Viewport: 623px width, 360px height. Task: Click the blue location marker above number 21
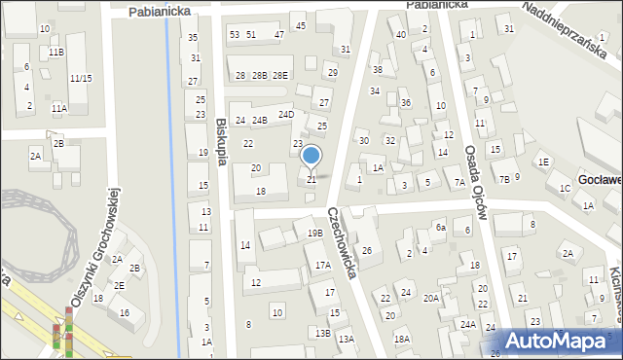311,156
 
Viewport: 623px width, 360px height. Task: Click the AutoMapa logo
561,342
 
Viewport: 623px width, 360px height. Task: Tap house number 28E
280,75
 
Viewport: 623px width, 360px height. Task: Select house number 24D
285,114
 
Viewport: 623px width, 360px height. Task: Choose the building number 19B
314,234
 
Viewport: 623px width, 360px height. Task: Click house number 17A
322,265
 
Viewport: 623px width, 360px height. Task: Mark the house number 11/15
81,78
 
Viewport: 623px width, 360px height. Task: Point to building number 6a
440,227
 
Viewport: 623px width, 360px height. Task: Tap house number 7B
503,179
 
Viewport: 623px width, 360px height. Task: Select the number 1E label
543,162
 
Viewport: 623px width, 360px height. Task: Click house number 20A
430,299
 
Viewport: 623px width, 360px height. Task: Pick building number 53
234,34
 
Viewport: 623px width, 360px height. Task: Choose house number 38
377,69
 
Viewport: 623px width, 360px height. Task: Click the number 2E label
119,285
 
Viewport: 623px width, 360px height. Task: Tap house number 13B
322,333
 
